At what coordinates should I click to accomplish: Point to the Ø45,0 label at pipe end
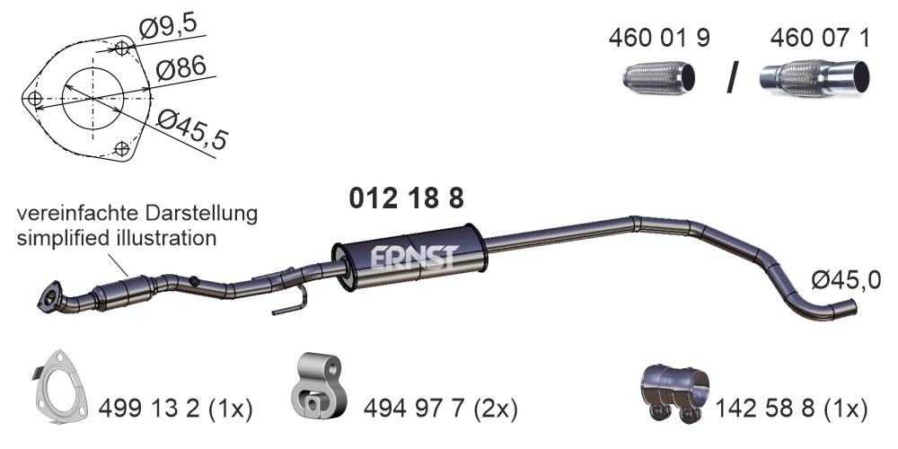pos(845,280)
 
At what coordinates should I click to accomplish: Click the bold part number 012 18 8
pos(406,198)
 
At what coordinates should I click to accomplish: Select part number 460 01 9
pos(658,38)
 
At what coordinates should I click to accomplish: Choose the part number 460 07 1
pos(820,38)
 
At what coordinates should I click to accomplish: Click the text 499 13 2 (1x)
pos(175,409)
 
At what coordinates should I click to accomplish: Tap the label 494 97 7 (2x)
pos(440,409)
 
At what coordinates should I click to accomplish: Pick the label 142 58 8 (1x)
pos(791,409)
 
